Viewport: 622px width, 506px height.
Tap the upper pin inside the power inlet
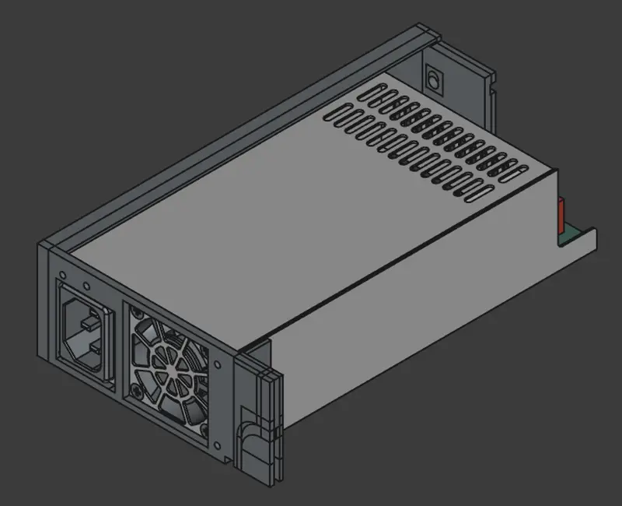pyautogui.click(x=93, y=319)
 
